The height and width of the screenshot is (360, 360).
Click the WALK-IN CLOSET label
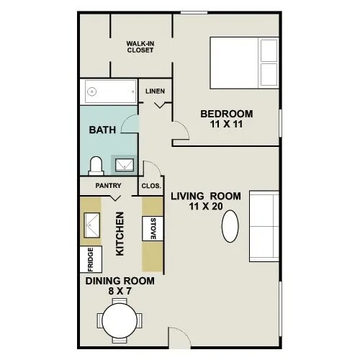[x=141, y=47]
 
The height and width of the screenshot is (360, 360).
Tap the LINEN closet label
[x=155, y=91]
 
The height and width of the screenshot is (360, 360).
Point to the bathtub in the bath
[x=111, y=91]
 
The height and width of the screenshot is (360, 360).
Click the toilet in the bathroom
[x=95, y=166]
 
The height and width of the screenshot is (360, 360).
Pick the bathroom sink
[x=125, y=165]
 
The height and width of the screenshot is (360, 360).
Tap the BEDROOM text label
[x=226, y=114]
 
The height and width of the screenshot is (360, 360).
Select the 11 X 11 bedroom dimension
[x=225, y=125]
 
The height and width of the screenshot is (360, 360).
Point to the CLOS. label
[x=150, y=186]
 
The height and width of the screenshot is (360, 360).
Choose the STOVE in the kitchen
[x=153, y=229]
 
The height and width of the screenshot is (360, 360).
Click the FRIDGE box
[x=90, y=259]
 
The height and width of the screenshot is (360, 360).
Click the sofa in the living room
[x=264, y=226]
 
